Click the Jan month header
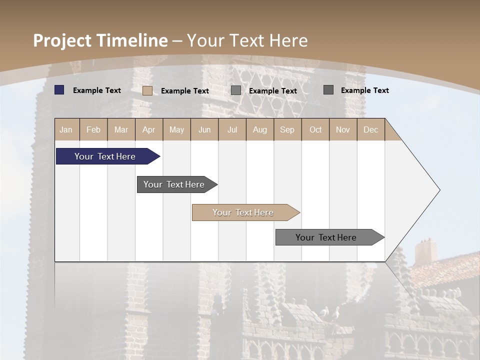(x=66, y=129)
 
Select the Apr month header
(x=148, y=129)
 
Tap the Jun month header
(x=204, y=129)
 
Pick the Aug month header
(x=259, y=129)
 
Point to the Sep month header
(x=287, y=129)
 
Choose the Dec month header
(x=370, y=129)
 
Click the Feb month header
(x=93, y=129)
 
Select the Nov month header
(x=342, y=129)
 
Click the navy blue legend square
(x=59, y=90)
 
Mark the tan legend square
(x=147, y=90)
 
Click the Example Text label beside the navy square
(x=97, y=90)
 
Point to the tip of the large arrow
(x=439, y=190)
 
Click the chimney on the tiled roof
(x=425, y=251)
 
